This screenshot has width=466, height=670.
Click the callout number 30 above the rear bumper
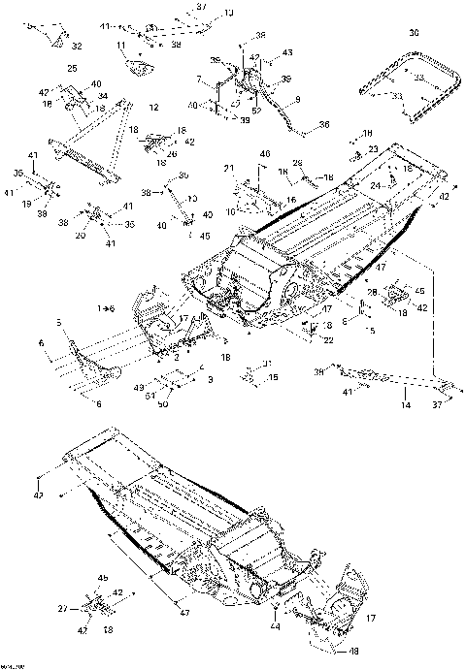pos(414,32)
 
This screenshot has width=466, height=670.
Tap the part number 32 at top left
pos(77,46)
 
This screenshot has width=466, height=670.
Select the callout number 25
pos(72,68)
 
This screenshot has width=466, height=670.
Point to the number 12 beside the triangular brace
pos(154,106)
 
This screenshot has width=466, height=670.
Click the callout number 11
pos(121,46)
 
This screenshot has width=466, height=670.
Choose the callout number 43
pos(287,50)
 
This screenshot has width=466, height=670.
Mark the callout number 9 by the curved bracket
pos(298,99)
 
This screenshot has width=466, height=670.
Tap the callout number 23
pos(373,148)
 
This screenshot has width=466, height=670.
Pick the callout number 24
pos(375,184)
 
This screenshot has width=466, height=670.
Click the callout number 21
pos(230,170)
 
